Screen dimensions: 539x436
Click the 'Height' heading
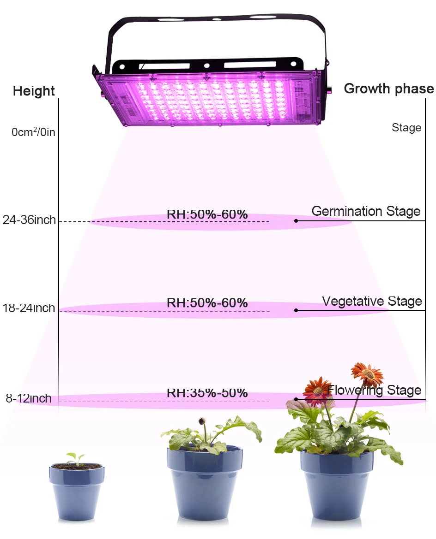34,91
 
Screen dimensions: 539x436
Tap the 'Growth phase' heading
388,89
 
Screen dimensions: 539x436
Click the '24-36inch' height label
29,220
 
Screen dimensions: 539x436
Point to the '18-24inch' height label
29,308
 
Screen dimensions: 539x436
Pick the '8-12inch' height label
29,398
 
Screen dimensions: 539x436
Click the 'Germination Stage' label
366,211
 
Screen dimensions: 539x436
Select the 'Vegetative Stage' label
372,302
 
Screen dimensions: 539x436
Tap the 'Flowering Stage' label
374,391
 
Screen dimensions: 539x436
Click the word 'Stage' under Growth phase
406,128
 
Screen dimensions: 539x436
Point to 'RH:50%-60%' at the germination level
207,214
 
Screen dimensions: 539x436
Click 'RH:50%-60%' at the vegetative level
207,303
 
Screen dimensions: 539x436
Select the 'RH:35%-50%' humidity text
207,393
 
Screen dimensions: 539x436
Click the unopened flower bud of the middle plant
201,421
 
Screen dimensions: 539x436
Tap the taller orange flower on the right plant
367,374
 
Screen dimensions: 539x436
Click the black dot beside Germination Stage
296,221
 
